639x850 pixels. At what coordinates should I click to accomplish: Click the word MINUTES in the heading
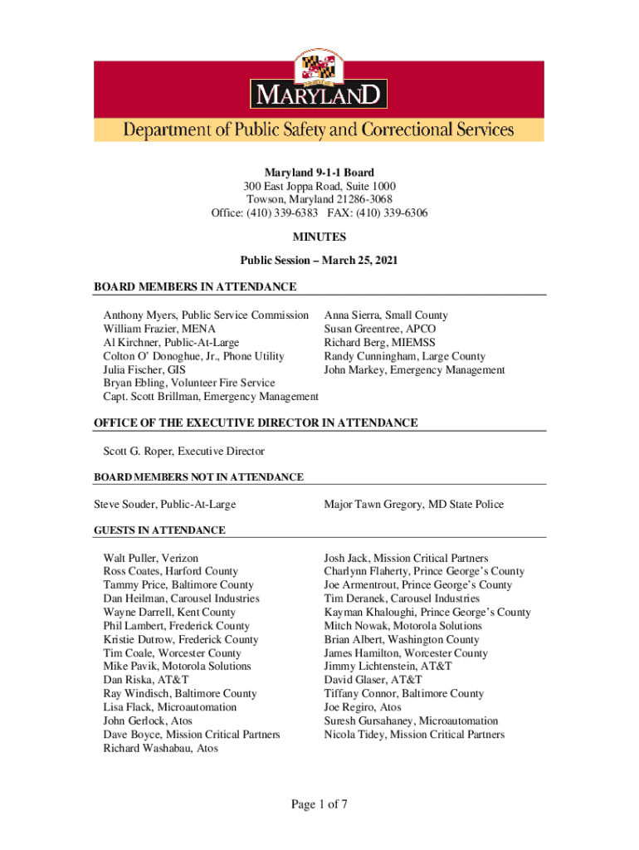pyautogui.click(x=319, y=237)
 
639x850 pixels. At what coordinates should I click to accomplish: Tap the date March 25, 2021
pyautogui.click(x=359, y=261)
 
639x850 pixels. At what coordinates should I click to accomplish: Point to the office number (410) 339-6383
pyautogui.click(x=282, y=213)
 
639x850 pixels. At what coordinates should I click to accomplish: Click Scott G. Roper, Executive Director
pyautogui.click(x=183, y=452)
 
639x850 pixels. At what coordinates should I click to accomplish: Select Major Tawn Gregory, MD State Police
pyautogui.click(x=413, y=505)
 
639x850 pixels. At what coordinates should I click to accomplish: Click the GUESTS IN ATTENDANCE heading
pyautogui.click(x=159, y=530)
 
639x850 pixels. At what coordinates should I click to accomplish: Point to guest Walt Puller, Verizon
pyautogui.click(x=150, y=558)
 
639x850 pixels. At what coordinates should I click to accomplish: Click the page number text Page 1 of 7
pyautogui.click(x=319, y=804)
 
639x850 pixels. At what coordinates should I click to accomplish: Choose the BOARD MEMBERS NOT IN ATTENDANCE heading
pyautogui.click(x=198, y=477)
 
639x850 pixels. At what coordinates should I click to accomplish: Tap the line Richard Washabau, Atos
pyautogui.click(x=160, y=749)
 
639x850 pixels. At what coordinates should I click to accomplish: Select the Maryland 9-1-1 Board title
pyautogui.click(x=319, y=173)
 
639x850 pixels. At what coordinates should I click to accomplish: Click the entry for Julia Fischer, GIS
pyautogui.click(x=144, y=370)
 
